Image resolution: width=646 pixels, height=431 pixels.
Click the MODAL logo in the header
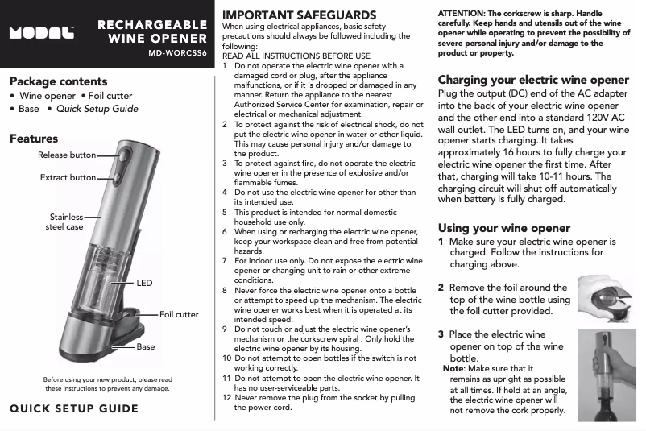point(41,34)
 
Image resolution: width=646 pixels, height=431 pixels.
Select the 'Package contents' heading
point(58,81)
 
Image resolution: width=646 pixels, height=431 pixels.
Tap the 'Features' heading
point(34,139)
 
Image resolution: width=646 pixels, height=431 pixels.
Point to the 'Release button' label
point(67,155)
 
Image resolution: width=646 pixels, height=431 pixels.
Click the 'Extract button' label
point(68,177)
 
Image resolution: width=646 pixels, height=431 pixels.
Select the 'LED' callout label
point(144,284)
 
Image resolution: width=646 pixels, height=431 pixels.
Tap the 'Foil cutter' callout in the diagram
point(179,314)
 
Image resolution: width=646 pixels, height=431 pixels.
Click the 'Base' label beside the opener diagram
point(146,346)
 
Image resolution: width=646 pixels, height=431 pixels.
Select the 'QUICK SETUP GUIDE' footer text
point(74,408)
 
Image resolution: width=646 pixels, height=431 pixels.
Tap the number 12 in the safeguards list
point(226,398)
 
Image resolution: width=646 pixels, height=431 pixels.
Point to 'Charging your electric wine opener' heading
point(533,80)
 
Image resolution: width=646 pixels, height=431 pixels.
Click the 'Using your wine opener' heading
point(503,228)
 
